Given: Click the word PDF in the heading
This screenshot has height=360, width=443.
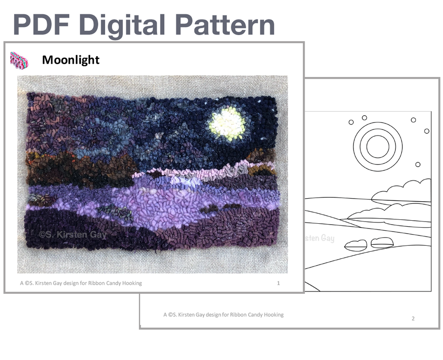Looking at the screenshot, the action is tap(41, 24).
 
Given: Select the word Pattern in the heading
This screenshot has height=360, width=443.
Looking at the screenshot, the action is tap(225, 24).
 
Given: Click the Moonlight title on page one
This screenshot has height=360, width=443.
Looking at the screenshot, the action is tap(71, 60).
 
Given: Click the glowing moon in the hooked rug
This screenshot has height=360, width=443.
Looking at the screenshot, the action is tap(227, 124).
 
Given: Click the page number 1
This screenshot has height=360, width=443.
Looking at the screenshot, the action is tap(278, 283).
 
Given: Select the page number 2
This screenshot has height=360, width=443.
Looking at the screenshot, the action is tap(413, 318).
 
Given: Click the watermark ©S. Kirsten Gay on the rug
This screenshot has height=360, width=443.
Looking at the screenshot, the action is tap(73, 235).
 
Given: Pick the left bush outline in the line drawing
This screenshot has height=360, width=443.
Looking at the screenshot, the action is tap(356, 245).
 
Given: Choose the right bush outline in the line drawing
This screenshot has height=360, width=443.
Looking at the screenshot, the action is tap(382, 243).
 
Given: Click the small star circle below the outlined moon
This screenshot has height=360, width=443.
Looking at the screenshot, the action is tap(418, 164).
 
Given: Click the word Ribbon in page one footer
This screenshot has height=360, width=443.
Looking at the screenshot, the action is tap(96, 283).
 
